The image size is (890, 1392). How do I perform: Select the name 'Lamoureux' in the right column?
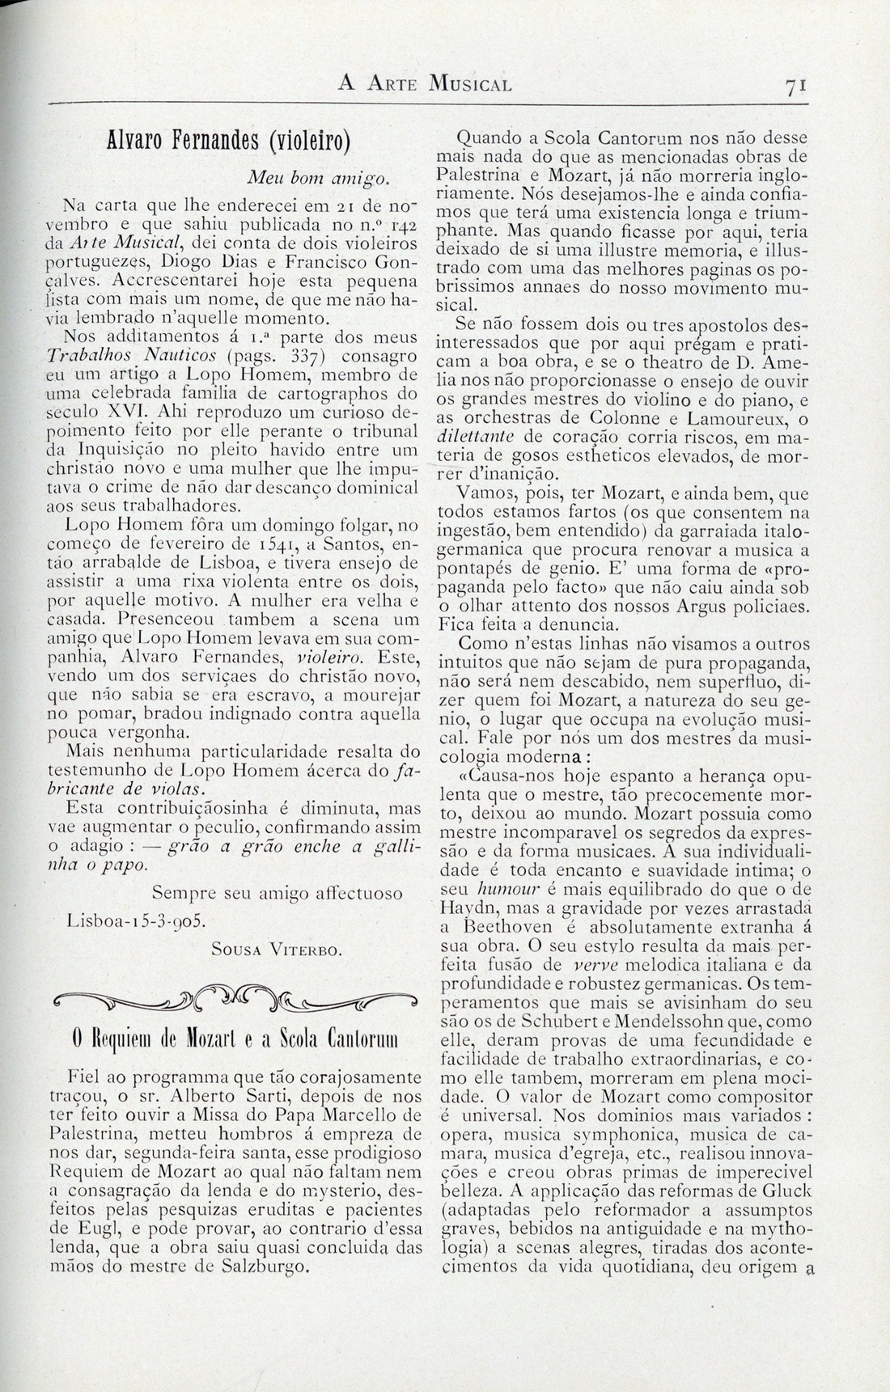pyautogui.click(x=733, y=418)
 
